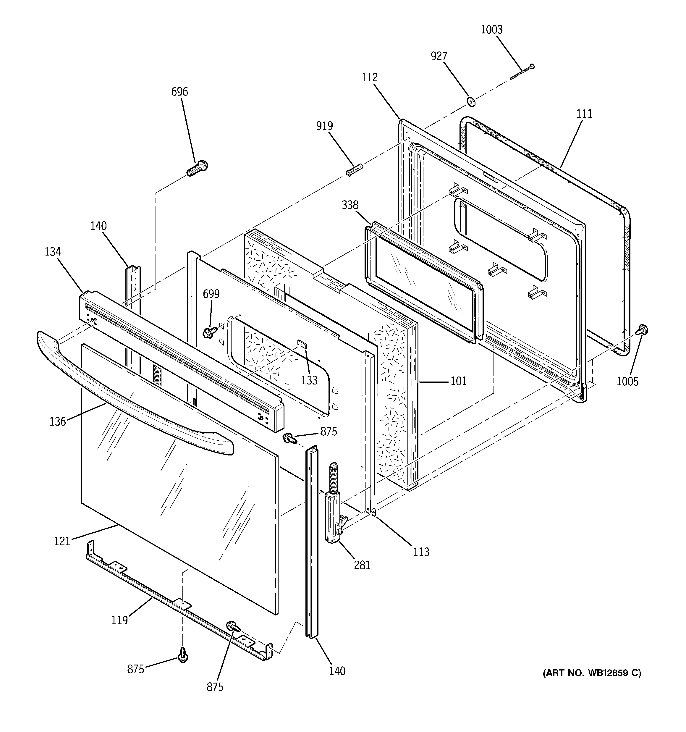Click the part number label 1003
point(491,30)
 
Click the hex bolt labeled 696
point(197,169)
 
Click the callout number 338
point(350,205)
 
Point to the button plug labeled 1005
point(643,329)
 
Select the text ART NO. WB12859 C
point(592,673)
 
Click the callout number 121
point(62,541)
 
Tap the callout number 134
point(53,252)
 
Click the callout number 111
point(584,114)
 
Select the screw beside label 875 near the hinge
point(289,438)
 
